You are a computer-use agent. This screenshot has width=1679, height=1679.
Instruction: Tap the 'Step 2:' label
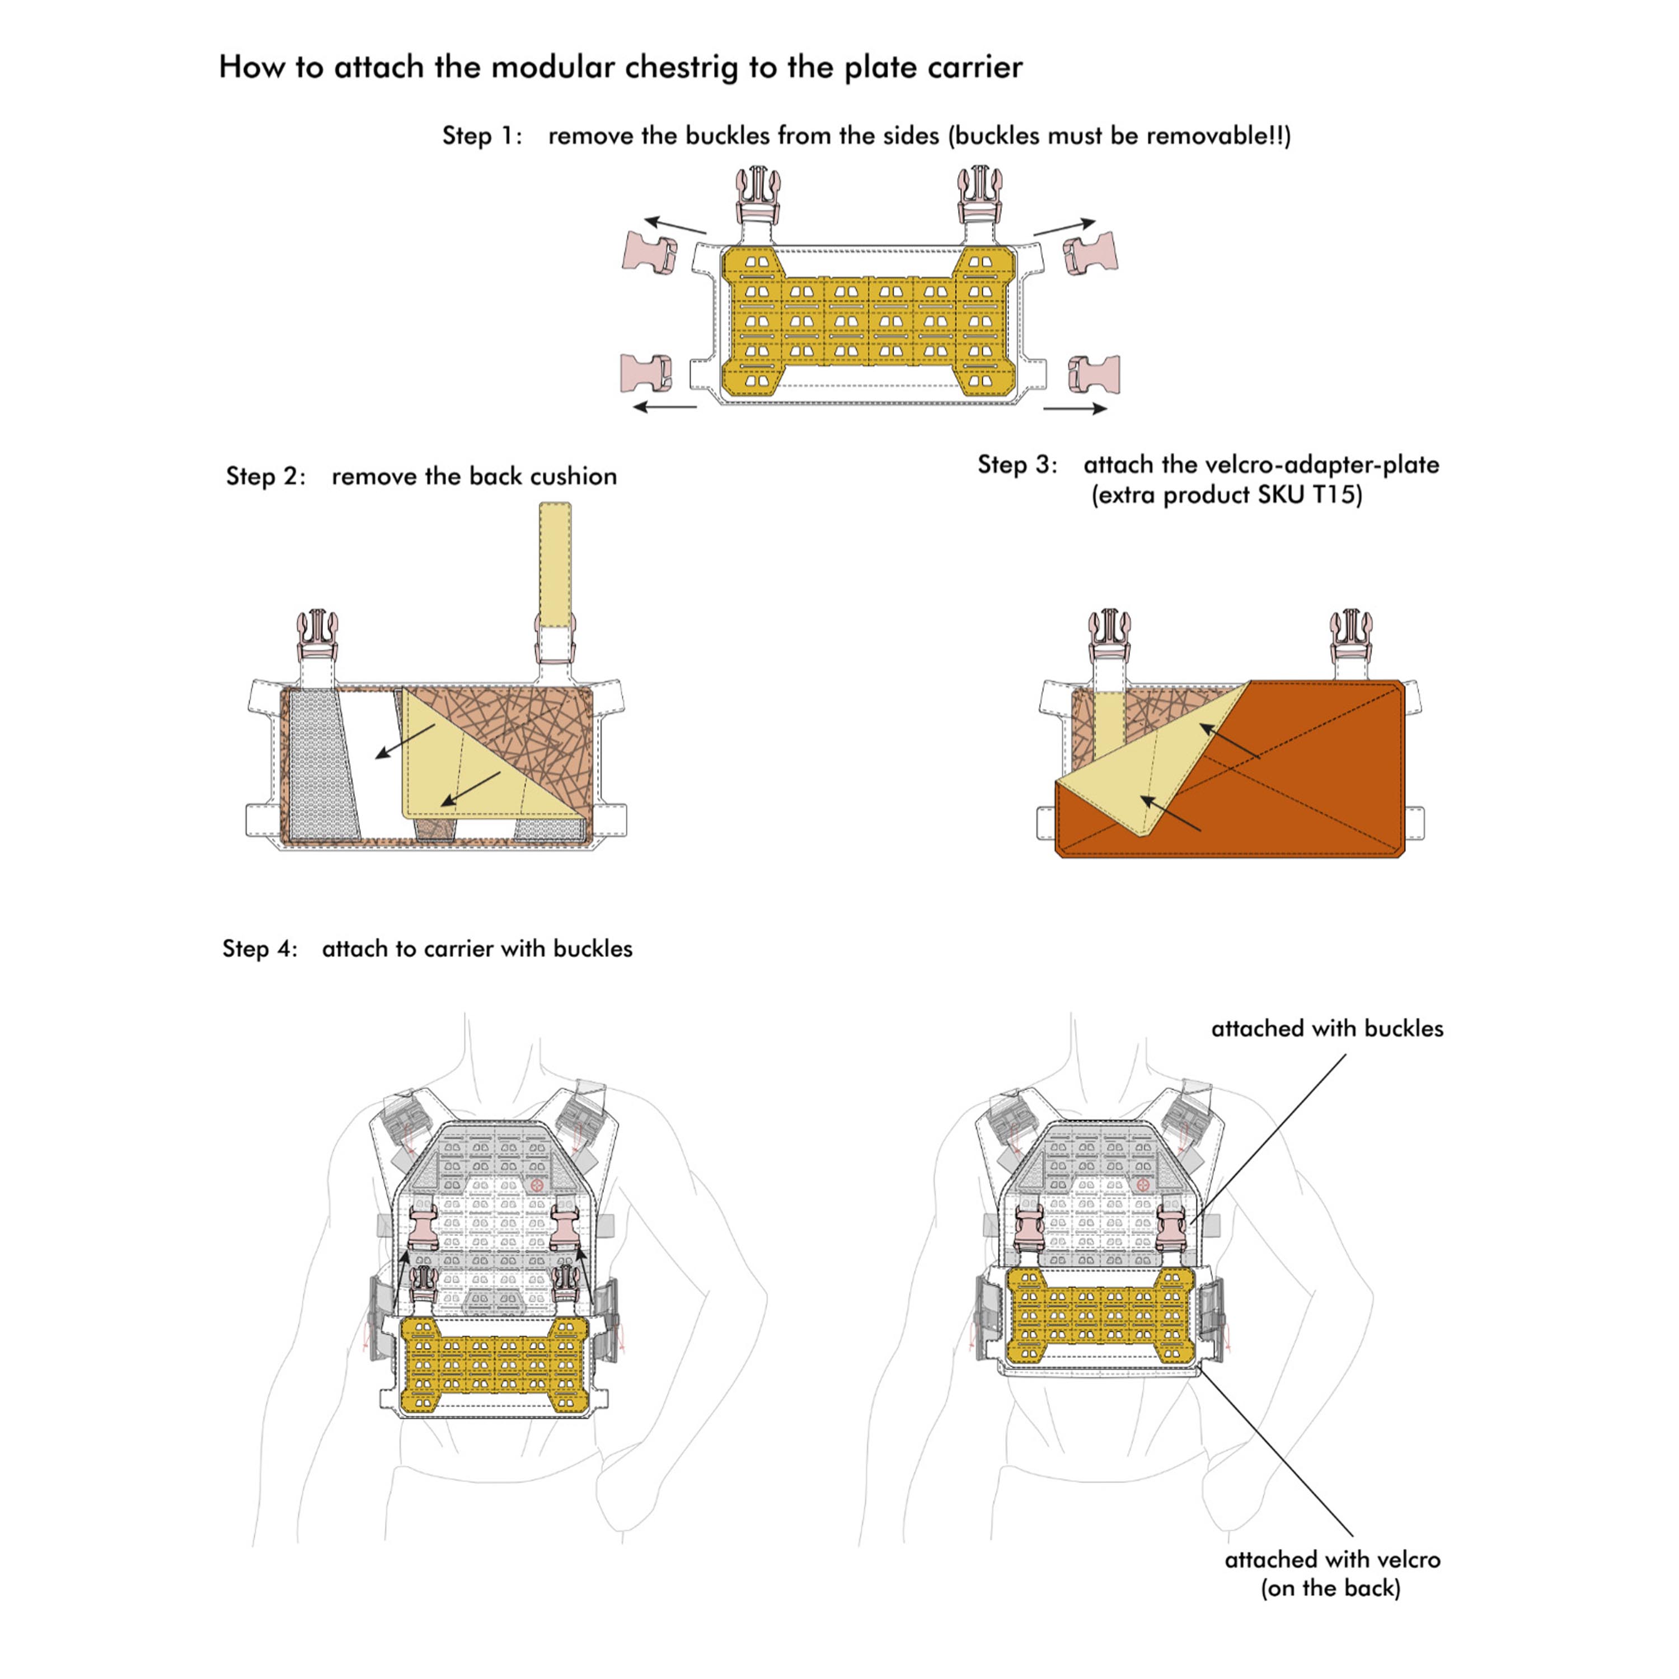(266, 476)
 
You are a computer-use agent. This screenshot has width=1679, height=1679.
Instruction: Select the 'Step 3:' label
(1017, 465)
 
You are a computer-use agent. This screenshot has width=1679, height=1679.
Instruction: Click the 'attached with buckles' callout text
(1326, 1029)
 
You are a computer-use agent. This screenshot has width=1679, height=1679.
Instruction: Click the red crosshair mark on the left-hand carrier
(536, 1184)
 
